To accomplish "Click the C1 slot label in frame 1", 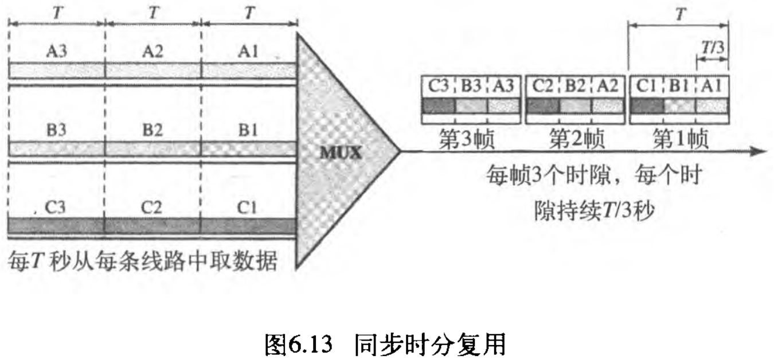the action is tap(646, 87).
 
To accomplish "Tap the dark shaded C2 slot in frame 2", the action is tap(542, 105).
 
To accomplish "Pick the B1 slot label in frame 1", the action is tap(679, 87).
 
